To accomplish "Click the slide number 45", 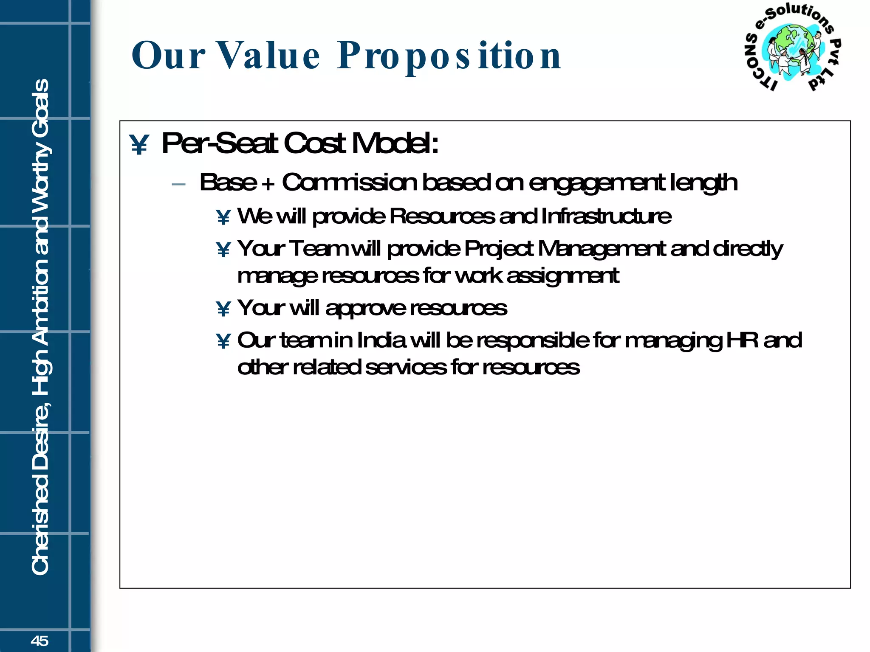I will (x=40, y=641).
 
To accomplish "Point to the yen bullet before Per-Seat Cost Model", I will (x=139, y=145).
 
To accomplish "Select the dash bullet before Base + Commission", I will (x=179, y=184).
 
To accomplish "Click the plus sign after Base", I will (x=268, y=184).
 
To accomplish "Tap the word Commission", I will (x=350, y=183).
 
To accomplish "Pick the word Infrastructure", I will (x=606, y=216).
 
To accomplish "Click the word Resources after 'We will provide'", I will (x=442, y=216).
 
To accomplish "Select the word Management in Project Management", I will (x=602, y=249).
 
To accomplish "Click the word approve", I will (x=365, y=309).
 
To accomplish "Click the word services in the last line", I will (x=406, y=367).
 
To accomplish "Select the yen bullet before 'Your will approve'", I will (x=223, y=309).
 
